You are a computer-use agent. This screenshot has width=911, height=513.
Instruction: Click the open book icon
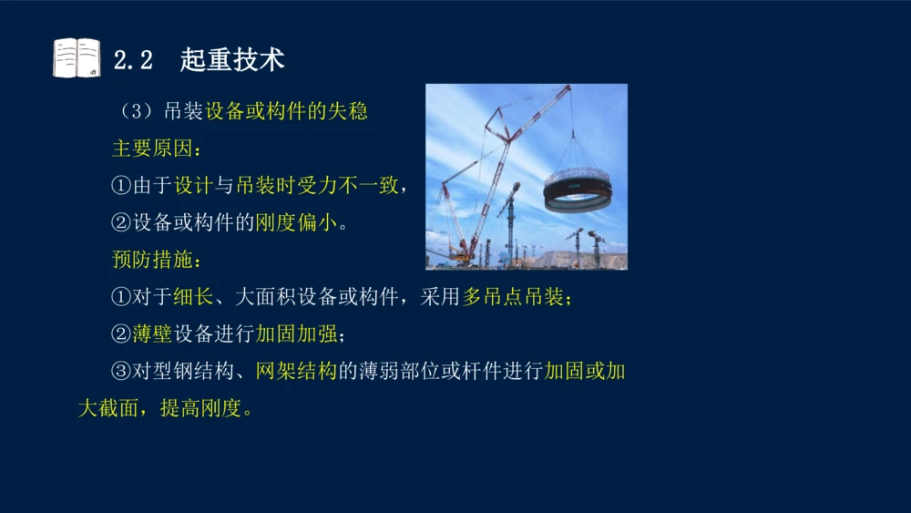coord(77,58)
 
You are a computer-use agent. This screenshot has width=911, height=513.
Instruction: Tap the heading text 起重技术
coord(232,60)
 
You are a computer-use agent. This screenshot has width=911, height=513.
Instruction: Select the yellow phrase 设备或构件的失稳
coord(286,112)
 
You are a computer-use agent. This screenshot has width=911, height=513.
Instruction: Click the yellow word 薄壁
coord(152,334)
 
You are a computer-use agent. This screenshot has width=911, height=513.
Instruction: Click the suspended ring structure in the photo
coord(577,190)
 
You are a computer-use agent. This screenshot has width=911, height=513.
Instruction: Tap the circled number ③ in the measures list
coord(121,372)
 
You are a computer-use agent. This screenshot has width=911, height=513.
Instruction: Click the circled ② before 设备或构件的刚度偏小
coord(121,223)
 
